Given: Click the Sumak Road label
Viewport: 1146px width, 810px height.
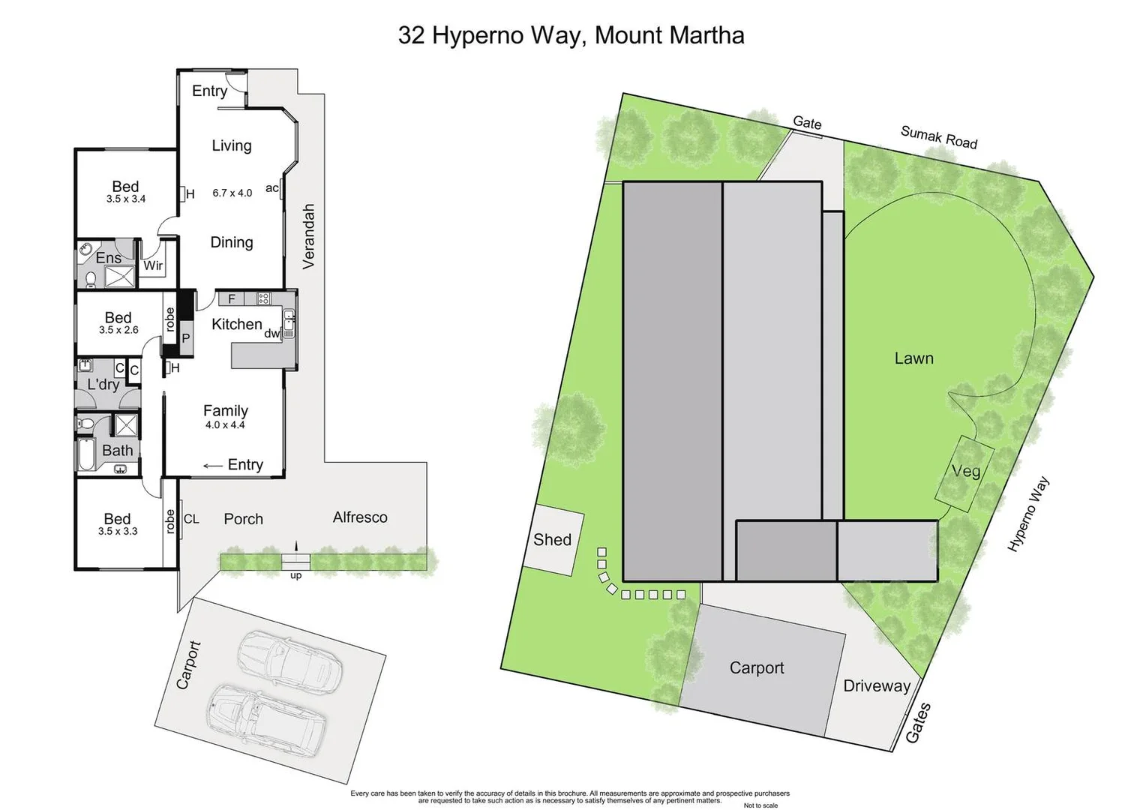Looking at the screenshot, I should pyautogui.click(x=939, y=137).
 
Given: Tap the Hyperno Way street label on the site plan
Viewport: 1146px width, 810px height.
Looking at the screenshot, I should pyautogui.click(x=1028, y=514).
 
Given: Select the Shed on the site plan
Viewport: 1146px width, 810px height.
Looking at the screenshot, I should pyautogui.click(x=553, y=539).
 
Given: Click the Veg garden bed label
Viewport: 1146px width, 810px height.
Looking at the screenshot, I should pyautogui.click(x=965, y=472).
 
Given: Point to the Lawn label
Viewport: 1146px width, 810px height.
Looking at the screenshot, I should pyautogui.click(x=913, y=358).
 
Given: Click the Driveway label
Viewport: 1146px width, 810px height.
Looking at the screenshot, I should pyautogui.click(x=876, y=685).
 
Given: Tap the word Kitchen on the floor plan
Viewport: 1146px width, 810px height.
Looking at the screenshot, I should pyautogui.click(x=236, y=324).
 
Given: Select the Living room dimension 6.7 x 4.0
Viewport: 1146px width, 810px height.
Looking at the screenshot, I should pyautogui.click(x=232, y=193).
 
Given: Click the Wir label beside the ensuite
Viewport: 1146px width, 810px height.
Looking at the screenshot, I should pyautogui.click(x=153, y=265).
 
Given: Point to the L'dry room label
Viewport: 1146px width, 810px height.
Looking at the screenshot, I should pyautogui.click(x=103, y=385).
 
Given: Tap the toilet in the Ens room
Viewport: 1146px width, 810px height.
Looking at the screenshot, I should pyautogui.click(x=91, y=280).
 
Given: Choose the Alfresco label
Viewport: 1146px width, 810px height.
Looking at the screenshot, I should pyautogui.click(x=360, y=517).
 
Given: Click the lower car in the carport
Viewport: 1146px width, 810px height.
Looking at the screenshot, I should pyautogui.click(x=266, y=719).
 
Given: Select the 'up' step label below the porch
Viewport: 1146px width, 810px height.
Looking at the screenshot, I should pyautogui.click(x=295, y=576).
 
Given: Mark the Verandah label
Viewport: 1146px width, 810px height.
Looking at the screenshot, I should pyautogui.click(x=308, y=236).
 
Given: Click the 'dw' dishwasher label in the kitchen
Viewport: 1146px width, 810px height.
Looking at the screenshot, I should pyautogui.click(x=271, y=334).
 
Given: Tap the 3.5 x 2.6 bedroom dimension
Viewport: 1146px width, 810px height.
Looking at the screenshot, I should pyautogui.click(x=118, y=330).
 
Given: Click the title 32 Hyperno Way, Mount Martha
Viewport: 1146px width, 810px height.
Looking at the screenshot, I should pyautogui.click(x=571, y=35).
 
